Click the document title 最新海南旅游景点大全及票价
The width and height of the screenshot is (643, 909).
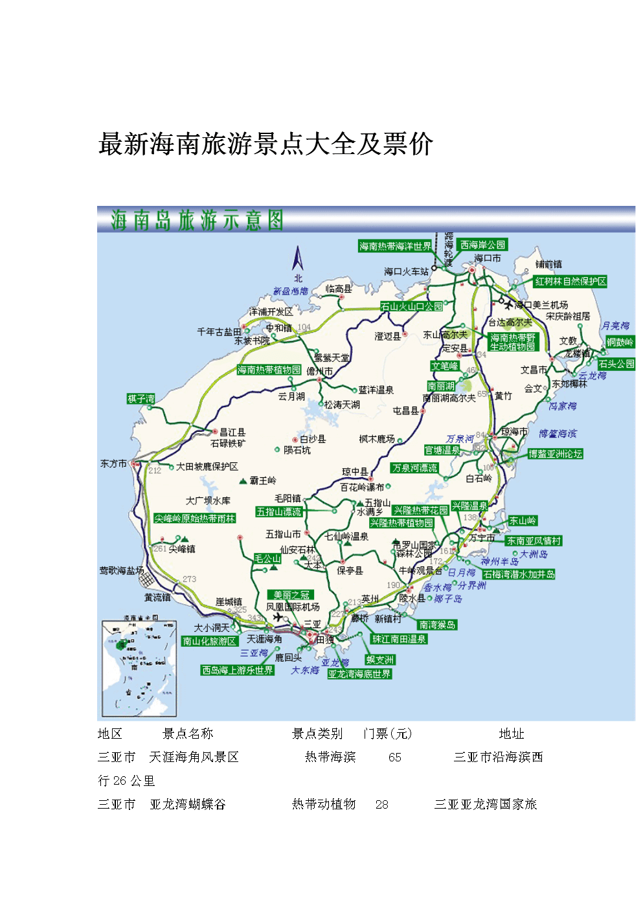(x=265, y=144)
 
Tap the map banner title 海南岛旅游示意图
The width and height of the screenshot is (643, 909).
(x=197, y=220)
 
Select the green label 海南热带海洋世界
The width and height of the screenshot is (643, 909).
(x=395, y=246)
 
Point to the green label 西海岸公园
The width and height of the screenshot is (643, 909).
(x=482, y=245)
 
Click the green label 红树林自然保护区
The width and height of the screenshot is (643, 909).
(x=570, y=281)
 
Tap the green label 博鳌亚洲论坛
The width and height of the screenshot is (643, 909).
(x=555, y=454)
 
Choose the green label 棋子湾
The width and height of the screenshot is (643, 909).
(x=141, y=399)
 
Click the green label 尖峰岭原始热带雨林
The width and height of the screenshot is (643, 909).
(x=194, y=519)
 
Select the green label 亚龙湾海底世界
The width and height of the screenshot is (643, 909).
(x=359, y=674)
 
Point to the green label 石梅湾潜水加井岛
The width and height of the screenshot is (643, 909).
(x=519, y=574)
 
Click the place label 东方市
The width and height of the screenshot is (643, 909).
(x=113, y=464)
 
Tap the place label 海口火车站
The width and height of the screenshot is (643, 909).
(x=406, y=271)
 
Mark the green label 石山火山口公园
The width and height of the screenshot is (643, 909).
(x=412, y=306)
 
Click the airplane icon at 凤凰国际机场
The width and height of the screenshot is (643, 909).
(x=278, y=618)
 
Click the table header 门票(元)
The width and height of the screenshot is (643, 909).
(x=387, y=734)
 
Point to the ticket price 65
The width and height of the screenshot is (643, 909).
(x=395, y=757)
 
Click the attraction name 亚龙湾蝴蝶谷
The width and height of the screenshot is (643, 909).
(x=188, y=804)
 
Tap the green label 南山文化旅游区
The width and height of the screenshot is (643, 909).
(x=209, y=641)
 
